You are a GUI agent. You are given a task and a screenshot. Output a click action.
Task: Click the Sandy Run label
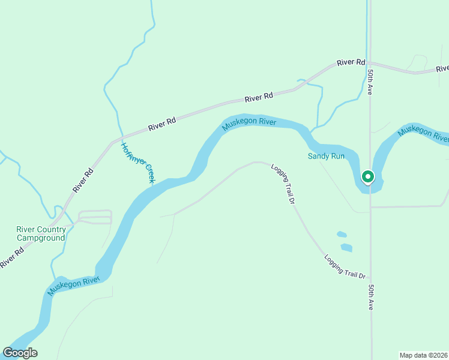(327, 156)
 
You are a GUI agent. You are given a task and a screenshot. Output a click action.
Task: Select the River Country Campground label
(40, 233)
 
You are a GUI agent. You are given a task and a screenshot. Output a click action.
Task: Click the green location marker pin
(367, 177)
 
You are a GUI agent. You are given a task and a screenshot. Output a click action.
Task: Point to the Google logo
(20, 353)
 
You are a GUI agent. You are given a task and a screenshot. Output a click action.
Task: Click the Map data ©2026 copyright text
(423, 355)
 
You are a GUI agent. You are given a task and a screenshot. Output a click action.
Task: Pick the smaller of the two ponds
(342, 234)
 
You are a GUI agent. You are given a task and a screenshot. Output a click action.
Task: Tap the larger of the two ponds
(346, 247)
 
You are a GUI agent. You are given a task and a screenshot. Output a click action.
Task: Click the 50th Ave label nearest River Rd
(371, 82)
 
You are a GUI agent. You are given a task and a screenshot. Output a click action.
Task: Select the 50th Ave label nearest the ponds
(371, 297)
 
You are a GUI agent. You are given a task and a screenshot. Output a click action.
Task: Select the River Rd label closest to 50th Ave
(351, 62)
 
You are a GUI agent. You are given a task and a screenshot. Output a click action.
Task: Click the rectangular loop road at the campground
(95, 217)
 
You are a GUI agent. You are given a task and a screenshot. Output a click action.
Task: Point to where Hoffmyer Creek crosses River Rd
(122, 139)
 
